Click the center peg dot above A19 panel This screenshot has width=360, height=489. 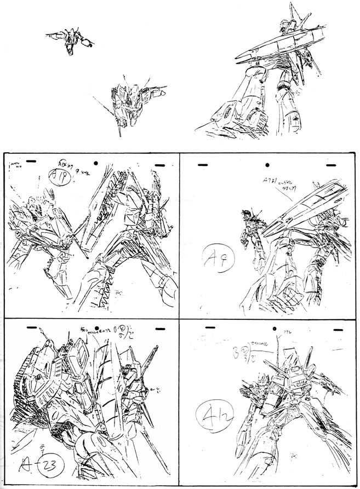[x=95, y=163]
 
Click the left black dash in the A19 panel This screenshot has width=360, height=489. [x=31, y=161]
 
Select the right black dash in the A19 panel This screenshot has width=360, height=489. [x=159, y=164]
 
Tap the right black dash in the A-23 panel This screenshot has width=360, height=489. [x=159, y=329]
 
